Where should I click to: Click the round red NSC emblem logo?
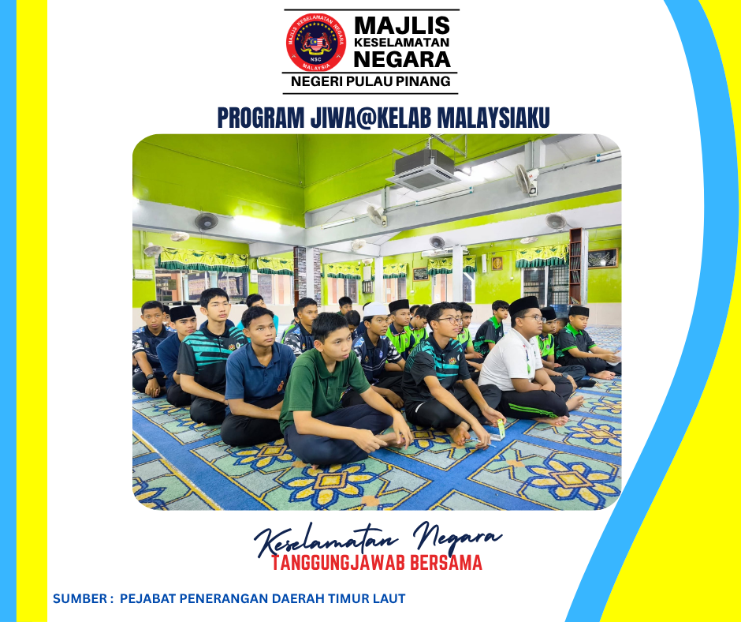[315, 43]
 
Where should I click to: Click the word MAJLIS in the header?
[402, 25]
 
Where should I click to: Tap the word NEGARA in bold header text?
[402, 60]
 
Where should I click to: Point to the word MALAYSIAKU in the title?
[493, 118]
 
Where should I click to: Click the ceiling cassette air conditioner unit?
[423, 170]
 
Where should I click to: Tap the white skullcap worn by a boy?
[376, 309]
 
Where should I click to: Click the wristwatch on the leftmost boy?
[151, 377]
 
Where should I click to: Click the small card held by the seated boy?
[501, 429]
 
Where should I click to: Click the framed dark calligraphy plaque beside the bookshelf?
[602, 258]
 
